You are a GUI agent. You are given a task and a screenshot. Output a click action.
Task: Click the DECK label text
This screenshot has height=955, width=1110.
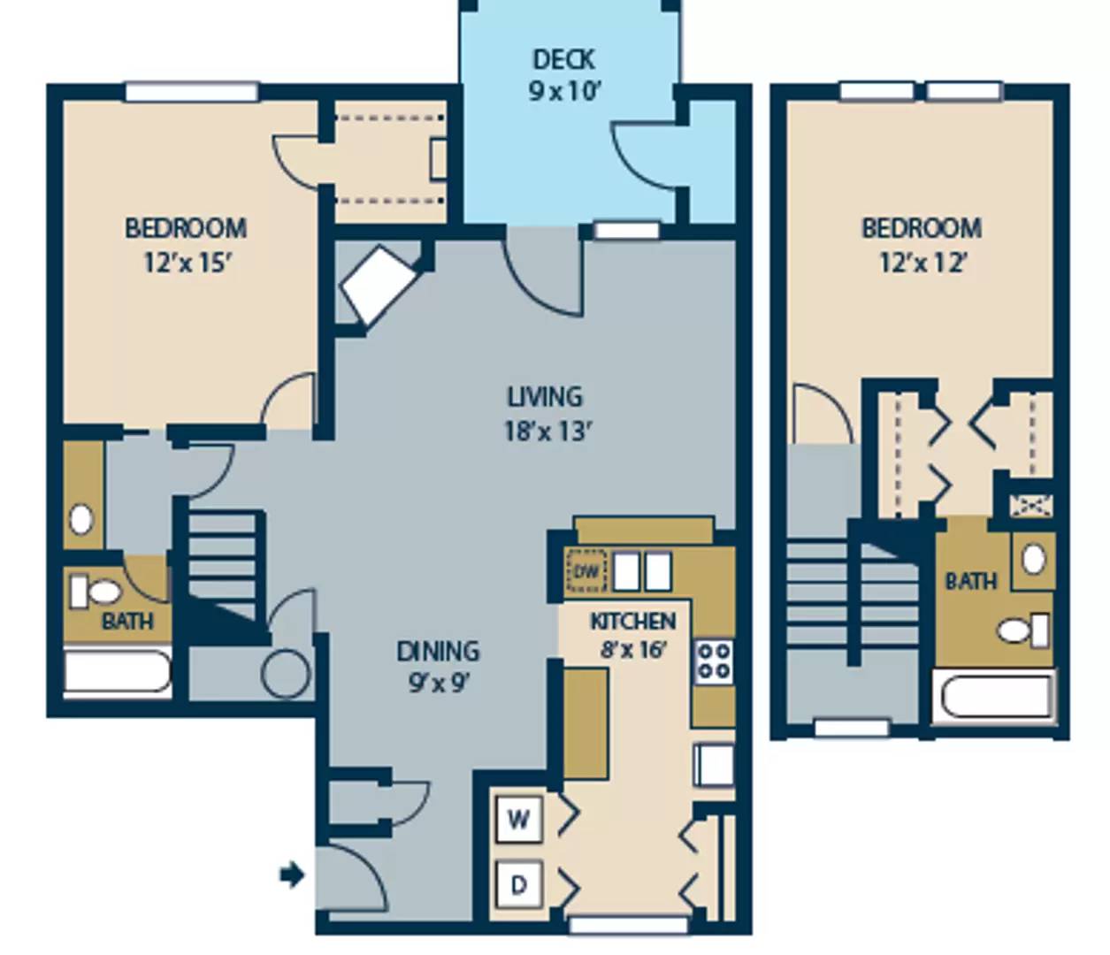(x=564, y=59)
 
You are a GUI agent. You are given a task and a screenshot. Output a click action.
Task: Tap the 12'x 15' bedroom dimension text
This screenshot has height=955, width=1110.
(x=188, y=263)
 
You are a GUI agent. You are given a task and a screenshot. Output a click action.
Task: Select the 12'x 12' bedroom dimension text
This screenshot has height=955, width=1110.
(x=923, y=263)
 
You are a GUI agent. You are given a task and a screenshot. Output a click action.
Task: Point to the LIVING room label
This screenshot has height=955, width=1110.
(x=545, y=397)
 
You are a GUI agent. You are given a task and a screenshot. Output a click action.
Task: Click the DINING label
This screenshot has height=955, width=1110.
(x=438, y=651)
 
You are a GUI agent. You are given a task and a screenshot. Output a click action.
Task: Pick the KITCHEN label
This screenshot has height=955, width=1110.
(x=633, y=621)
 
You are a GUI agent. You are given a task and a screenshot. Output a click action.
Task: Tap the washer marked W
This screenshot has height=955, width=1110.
(x=519, y=820)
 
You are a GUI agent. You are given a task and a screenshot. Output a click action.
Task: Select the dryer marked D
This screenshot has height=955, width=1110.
(x=518, y=884)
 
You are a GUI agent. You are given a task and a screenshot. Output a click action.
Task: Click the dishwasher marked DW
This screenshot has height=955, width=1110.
(x=586, y=572)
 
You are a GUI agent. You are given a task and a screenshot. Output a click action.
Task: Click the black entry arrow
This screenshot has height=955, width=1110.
(x=292, y=875)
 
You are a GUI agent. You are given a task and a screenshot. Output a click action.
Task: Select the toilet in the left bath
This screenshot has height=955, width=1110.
(x=95, y=591)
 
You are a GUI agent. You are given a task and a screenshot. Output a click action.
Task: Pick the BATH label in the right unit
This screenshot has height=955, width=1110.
(x=971, y=581)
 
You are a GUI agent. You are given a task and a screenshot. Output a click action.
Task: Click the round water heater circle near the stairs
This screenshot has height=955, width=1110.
(x=286, y=674)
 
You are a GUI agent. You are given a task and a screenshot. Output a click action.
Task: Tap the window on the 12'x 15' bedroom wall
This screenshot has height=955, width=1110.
(x=192, y=91)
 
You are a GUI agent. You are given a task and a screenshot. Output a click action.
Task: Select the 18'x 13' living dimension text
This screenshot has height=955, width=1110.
(x=547, y=431)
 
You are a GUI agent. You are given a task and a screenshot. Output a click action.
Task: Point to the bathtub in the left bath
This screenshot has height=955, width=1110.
(x=117, y=673)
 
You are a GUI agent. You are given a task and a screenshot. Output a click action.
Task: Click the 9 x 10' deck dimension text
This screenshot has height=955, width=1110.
(x=564, y=92)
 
